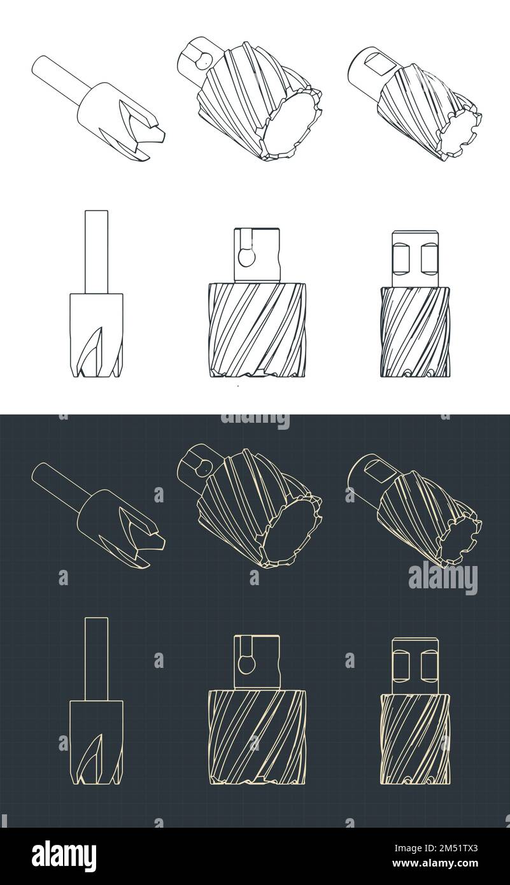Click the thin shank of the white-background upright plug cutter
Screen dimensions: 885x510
tap(96, 251)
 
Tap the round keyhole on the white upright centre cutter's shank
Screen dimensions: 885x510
tap(244, 256)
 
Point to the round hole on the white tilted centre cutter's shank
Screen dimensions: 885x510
tap(203, 60)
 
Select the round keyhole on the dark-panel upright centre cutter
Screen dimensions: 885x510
tap(244, 663)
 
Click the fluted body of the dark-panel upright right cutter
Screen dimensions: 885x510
tap(415, 739)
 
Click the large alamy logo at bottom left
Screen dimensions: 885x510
tap(64, 856)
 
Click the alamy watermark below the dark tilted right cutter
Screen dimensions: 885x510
tap(443, 577)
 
